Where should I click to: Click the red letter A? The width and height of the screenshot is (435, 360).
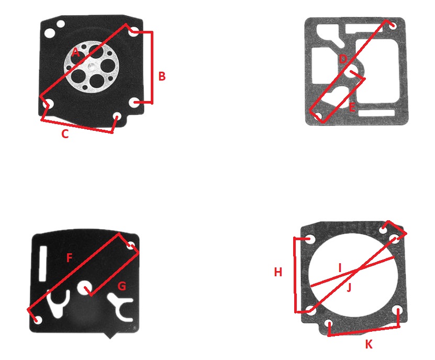(x=75, y=52)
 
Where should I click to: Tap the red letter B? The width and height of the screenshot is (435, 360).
(x=162, y=76)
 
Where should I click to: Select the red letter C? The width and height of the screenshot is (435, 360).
(x=65, y=134)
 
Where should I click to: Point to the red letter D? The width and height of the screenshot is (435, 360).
(x=343, y=59)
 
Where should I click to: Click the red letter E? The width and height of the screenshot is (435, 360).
(x=352, y=107)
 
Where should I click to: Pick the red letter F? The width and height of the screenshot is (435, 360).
(x=69, y=258)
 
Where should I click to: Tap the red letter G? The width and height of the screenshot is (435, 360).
(x=122, y=286)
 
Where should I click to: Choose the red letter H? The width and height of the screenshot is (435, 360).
(x=278, y=272)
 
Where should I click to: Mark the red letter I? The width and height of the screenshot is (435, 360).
(x=340, y=268)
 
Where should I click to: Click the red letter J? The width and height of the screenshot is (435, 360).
(x=349, y=287)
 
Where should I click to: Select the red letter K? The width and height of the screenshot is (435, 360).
(x=369, y=344)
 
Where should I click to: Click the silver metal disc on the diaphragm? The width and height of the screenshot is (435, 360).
(x=92, y=67)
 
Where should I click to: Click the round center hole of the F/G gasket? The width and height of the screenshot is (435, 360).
(x=85, y=288)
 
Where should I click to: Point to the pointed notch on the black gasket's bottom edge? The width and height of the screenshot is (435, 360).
(x=110, y=335)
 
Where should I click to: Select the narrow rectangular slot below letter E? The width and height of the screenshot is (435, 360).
(x=376, y=113)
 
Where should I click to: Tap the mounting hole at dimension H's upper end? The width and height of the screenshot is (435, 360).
(x=309, y=239)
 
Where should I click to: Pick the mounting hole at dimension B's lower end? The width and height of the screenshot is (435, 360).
(x=135, y=103)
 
